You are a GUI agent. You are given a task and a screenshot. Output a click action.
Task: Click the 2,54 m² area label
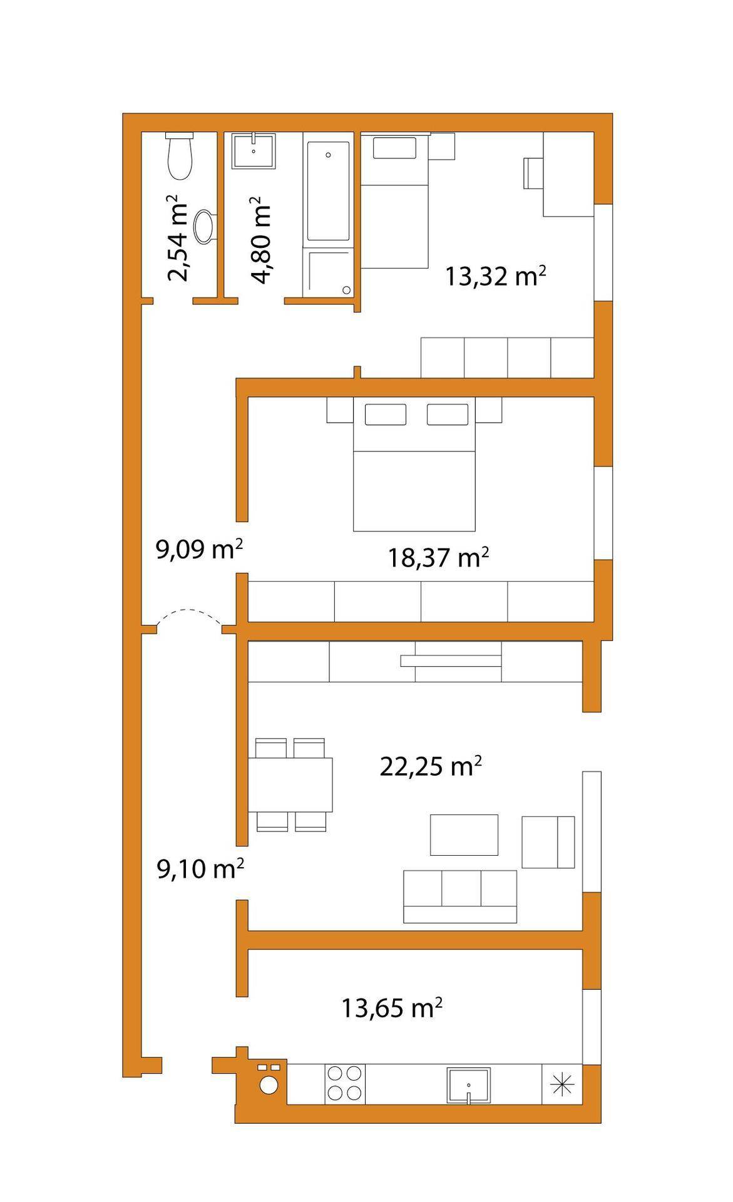pos(177,238)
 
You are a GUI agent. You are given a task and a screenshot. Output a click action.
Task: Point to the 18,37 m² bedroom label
pos(438,557)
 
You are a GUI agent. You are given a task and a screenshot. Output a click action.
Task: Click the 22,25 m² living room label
pos(431,766)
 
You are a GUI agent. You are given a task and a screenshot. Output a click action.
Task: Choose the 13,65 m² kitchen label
pos(392,1008)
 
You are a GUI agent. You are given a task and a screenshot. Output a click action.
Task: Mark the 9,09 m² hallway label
pos(199,550)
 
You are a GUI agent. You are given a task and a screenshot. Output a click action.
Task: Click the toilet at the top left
pos(180,156)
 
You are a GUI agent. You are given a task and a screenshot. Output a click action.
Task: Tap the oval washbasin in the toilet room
pos(205,227)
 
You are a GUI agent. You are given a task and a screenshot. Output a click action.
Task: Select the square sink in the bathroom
pos(254,151)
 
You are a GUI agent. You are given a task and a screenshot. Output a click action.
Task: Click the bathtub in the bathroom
pos(327,190)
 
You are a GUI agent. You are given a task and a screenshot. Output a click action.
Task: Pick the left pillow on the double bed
pos(385,414)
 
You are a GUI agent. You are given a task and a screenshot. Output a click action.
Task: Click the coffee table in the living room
pos(464,835)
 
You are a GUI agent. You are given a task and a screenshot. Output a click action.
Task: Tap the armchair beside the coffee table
pos(548,842)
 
